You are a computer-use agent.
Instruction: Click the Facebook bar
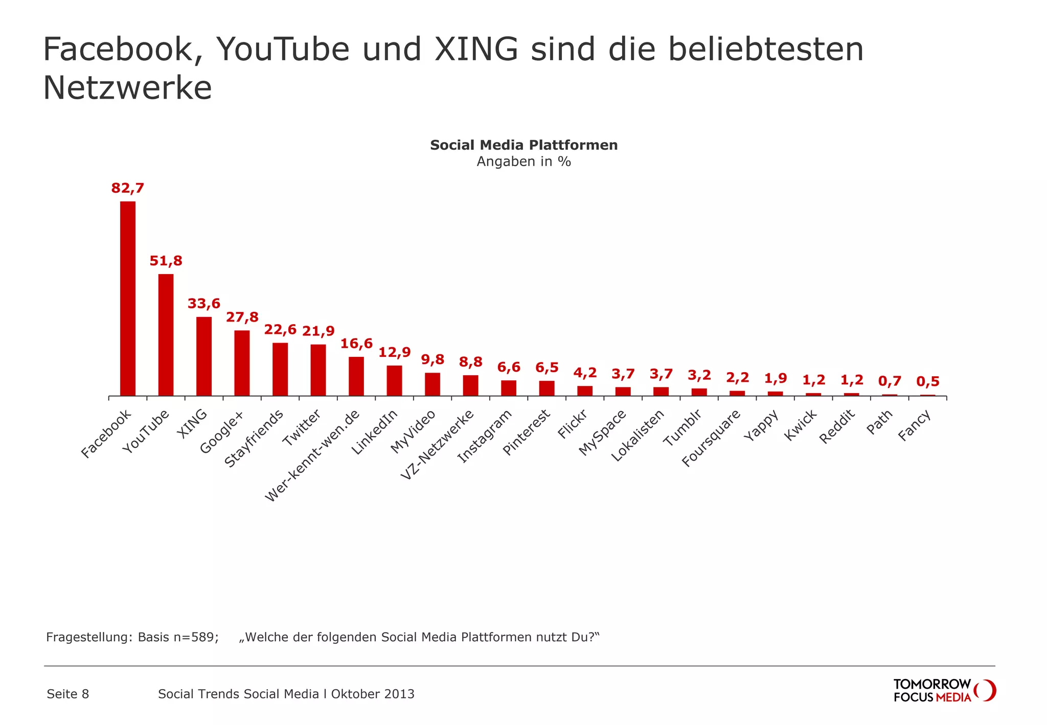click(128, 299)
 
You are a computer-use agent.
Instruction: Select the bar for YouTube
click(166, 335)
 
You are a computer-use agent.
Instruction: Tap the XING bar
click(204, 356)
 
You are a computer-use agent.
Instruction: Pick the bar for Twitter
click(318, 370)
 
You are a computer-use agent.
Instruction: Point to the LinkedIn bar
click(394, 381)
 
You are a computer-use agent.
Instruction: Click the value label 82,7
click(128, 188)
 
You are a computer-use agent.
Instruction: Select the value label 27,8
click(242, 318)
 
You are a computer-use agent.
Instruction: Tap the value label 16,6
click(356, 344)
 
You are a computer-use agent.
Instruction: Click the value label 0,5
click(927, 381)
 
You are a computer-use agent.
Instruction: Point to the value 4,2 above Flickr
click(585, 373)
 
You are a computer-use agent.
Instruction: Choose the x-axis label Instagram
click(485, 437)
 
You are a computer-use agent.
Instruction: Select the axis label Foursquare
click(711, 439)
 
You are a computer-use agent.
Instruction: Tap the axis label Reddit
click(837, 426)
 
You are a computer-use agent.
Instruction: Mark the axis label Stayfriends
click(254, 439)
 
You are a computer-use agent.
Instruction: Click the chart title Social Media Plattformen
click(523, 145)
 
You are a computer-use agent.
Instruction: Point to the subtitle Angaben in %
click(523, 162)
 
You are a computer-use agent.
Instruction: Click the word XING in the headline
click(476, 50)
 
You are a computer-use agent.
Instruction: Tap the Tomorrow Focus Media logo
click(944, 690)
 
